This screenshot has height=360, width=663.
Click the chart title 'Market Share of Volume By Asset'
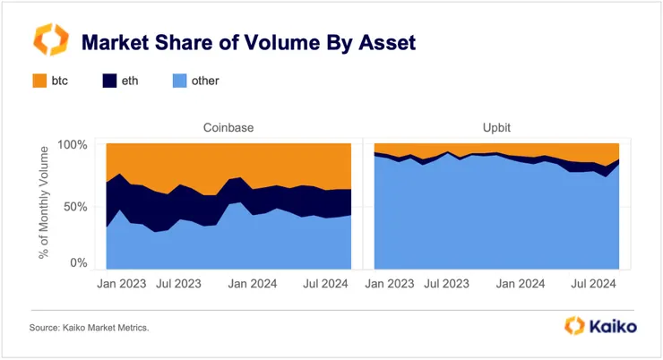click(x=249, y=42)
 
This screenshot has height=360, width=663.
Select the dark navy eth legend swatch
click(x=110, y=81)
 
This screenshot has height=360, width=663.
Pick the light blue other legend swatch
click(x=177, y=81)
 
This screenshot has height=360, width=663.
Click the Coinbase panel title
click(x=228, y=128)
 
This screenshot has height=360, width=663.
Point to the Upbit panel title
click(x=496, y=128)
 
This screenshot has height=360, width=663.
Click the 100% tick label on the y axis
click(x=73, y=145)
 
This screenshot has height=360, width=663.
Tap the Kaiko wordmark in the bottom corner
click(x=613, y=327)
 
